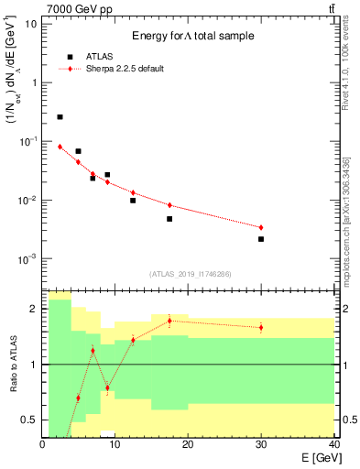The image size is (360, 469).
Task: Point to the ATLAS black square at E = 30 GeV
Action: (x=261, y=239)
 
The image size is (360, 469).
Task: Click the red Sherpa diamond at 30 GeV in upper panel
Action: (x=261, y=227)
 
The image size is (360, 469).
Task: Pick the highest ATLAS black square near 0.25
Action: (x=60, y=117)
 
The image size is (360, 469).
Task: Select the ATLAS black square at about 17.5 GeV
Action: (x=169, y=219)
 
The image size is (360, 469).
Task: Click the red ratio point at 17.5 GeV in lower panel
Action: (x=169, y=321)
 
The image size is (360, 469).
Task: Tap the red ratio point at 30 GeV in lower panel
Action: (x=261, y=327)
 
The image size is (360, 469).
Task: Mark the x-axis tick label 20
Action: (x=188, y=444)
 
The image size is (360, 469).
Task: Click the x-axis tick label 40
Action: (x=333, y=444)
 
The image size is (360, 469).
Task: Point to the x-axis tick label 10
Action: (x=115, y=444)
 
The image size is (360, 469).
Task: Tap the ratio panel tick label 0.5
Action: (x=29, y=420)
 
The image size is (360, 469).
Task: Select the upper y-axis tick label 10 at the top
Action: (x=31, y=23)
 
